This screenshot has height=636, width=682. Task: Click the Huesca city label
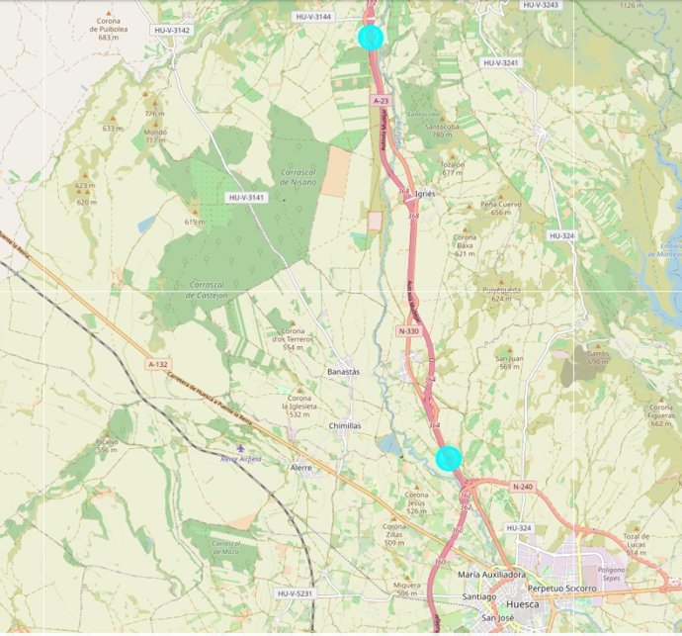click(522, 603)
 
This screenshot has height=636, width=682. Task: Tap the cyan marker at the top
click(371, 38)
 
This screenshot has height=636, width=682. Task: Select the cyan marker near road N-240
click(449, 458)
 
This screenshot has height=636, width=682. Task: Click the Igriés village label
click(426, 194)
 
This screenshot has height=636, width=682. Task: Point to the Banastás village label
click(344, 371)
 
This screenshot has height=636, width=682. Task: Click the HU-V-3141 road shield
click(247, 198)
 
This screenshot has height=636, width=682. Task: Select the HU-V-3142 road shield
click(172, 31)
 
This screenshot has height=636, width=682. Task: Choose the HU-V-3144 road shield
click(313, 17)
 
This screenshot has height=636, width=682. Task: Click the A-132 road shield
click(158, 365)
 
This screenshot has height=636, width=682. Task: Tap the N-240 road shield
click(523, 487)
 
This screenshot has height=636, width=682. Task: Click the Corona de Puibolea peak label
click(109, 29)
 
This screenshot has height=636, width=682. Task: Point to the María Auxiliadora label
click(491, 574)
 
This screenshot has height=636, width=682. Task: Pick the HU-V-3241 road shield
click(501, 62)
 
